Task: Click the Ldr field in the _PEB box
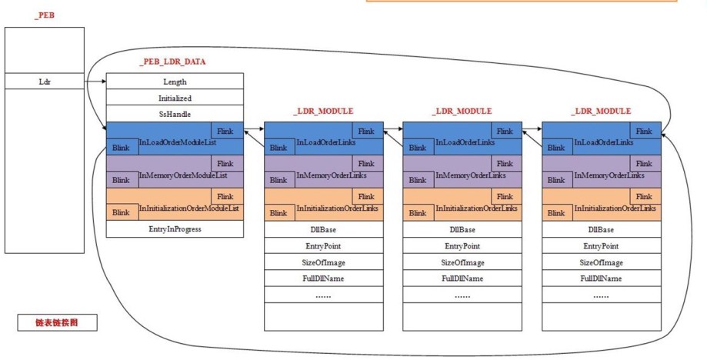[45, 82]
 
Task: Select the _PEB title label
[44, 15]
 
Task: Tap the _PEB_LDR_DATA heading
[172, 62]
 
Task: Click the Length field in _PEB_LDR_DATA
[175, 82]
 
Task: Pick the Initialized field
[175, 98]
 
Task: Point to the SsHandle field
[175, 114]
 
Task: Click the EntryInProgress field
[175, 229]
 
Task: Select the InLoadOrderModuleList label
[178, 142]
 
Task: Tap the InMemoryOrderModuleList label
[183, 175]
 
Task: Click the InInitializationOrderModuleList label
[189, 208]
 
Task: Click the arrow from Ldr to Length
[95, 82]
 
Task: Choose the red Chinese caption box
[57, 322]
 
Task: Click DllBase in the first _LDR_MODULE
[324, 229]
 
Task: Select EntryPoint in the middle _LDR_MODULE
[462, 246]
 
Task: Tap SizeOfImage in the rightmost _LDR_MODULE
[602, 262]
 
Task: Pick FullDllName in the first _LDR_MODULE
[324, 278]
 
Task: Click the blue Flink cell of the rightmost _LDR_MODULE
[645, 131]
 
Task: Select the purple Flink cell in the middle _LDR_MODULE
[506, 164]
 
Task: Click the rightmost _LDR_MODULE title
[601, 112]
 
